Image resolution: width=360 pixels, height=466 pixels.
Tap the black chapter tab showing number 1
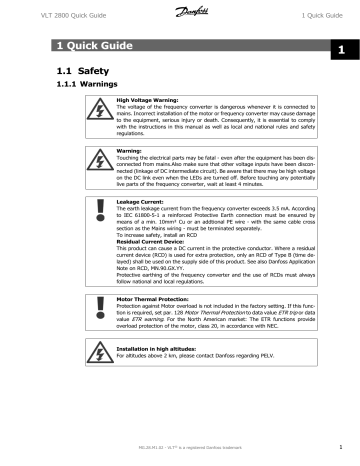click(x=340, y=49)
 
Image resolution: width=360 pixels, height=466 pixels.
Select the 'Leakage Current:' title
click(x=141, y=201)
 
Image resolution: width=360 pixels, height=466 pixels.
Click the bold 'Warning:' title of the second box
click(x=130, y=151)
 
